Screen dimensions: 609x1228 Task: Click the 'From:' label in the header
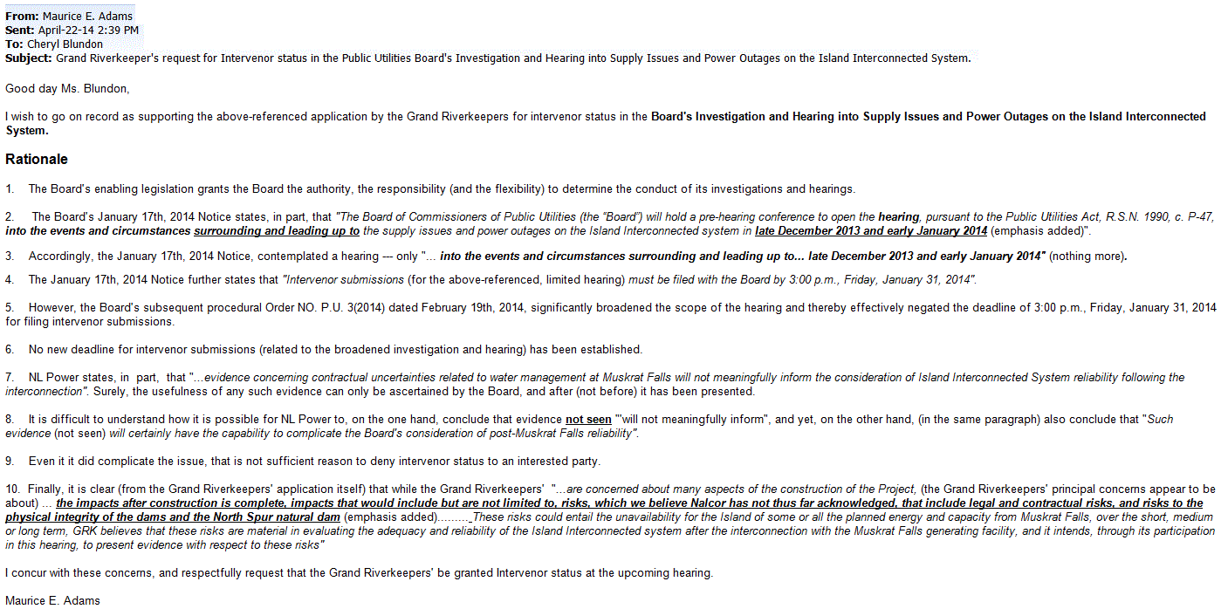pos(22,17)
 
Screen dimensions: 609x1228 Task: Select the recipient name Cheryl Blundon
pos(65,44)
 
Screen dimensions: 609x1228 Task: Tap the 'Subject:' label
pos(29,58)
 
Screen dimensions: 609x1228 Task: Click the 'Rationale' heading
pos(37,160)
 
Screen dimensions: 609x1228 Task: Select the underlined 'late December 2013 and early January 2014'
pos(871,231)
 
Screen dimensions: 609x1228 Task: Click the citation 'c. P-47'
pos(1193,217)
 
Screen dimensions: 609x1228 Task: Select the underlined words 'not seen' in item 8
pos(588,420)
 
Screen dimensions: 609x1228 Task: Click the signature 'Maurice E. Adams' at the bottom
pos(52,601)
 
